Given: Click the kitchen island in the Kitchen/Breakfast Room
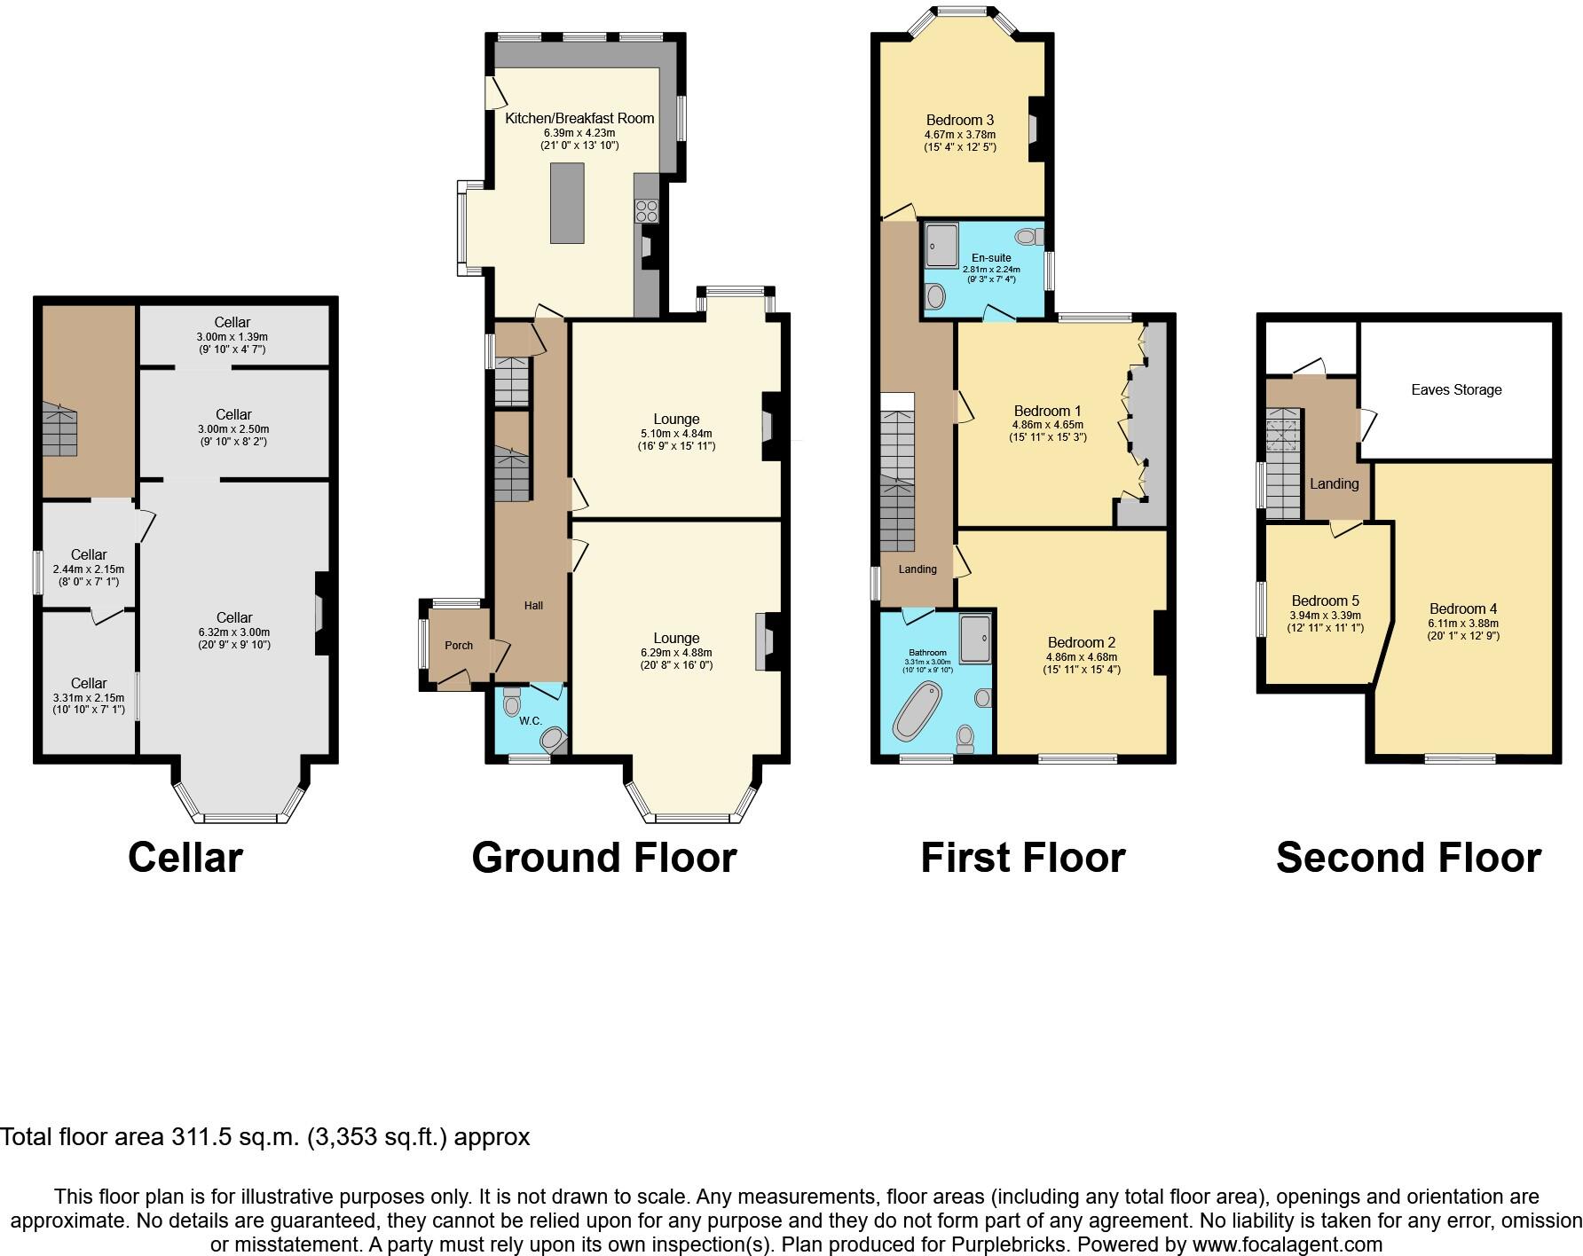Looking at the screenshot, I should tap(567, 202).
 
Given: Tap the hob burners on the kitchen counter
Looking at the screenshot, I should tap(646, 211).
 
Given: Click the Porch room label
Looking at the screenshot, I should tap(459, 645).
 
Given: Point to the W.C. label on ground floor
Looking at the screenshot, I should tap(531, 720).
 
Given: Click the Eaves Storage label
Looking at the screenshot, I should tap(1456, 389).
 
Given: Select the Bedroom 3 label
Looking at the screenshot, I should tap(959, 120).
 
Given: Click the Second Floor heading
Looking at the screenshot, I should tap(1408, 858).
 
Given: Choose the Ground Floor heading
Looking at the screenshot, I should tap(604, 858).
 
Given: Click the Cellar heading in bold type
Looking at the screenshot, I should tap(185, 858).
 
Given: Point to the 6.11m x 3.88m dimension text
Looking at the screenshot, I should tap(1463, 623).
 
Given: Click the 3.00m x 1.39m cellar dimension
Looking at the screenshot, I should tap(232, 337).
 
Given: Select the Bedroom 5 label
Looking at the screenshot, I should tap(1325, 601).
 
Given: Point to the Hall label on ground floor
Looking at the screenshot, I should tap(533, 605).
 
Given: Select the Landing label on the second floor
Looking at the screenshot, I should tap(1334, 483).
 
